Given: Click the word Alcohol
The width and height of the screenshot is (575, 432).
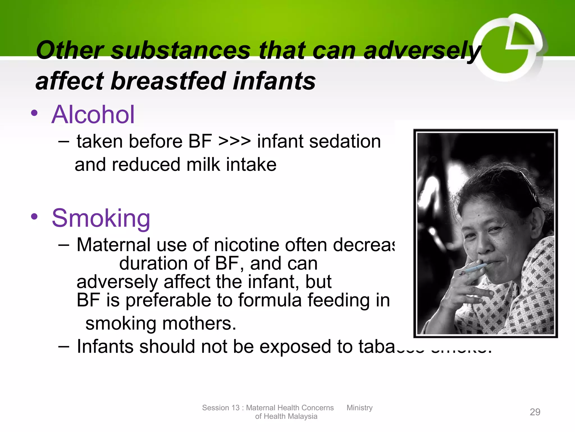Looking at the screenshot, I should pyautogui.click(x=93, y=114).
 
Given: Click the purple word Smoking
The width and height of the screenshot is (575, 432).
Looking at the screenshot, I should pyautogui.click(x=101, y=219).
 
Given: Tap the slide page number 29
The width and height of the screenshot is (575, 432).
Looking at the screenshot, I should pyautogui.click(x=535, y=412).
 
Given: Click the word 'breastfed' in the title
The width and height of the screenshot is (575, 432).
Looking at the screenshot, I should pyautogui.click(x=169, y=81).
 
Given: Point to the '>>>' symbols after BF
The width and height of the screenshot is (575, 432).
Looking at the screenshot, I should pyautogui.click(x=234, y=141).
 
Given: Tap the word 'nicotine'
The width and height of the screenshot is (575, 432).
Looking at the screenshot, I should pyautogui.click(x=247, y=245).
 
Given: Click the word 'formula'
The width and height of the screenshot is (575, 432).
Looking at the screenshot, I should pyautogui.click(x=270, y=300).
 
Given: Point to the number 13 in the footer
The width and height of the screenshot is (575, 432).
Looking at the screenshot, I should pyautogui.click(x=235, y=408).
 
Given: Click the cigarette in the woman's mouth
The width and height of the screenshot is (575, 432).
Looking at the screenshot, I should pyautogui.click(x=474, y=269).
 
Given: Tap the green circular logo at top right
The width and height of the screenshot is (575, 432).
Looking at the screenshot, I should pyautogui.click(x=508, y=48).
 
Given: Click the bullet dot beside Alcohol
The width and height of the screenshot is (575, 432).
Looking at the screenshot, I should pyautogui.click(x=34, y=113).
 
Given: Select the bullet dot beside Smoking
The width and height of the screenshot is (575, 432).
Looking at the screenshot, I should pyautogui.click(x=34, y=217).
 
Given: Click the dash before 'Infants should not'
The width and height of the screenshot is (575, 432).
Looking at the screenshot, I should pyautogui.click(x=64, y=346).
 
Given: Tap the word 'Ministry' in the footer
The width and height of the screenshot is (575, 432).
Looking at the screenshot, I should pyautogui.click(x=359, y=408).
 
